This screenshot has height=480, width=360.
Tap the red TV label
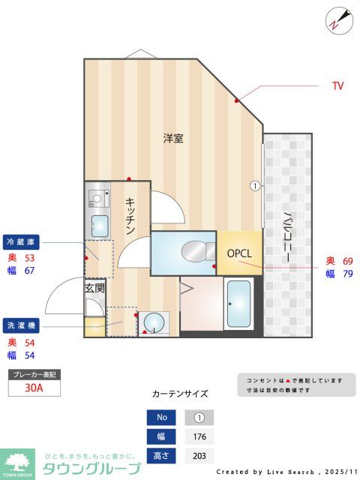point(337,86)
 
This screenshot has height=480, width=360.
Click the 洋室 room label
point(173,139)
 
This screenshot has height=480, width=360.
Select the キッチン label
point(130,215)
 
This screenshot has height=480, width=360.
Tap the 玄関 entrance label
point(94,287)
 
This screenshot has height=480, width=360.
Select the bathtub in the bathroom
point(239,304)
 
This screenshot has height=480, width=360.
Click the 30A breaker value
point(34,388)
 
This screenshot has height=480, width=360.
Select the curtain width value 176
point(199,437)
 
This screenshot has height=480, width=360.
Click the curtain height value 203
point(199,456)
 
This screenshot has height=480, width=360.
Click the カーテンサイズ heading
point(180,393)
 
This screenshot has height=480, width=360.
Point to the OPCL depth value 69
point(347,260)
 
